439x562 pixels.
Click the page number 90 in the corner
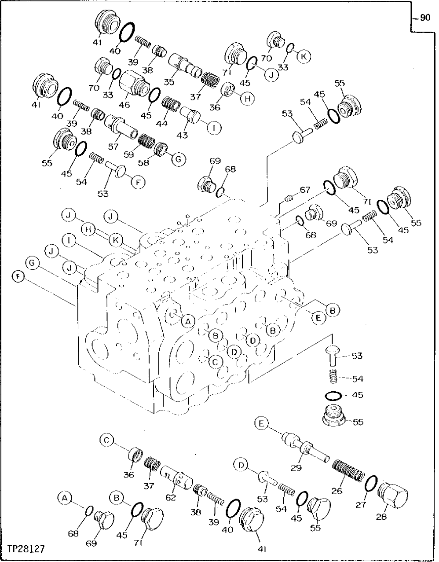[x=424, y=18]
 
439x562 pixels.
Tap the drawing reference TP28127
[x=26, y=549]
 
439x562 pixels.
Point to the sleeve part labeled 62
[x=176, y=479]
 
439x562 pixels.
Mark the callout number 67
[x=305, y=190]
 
